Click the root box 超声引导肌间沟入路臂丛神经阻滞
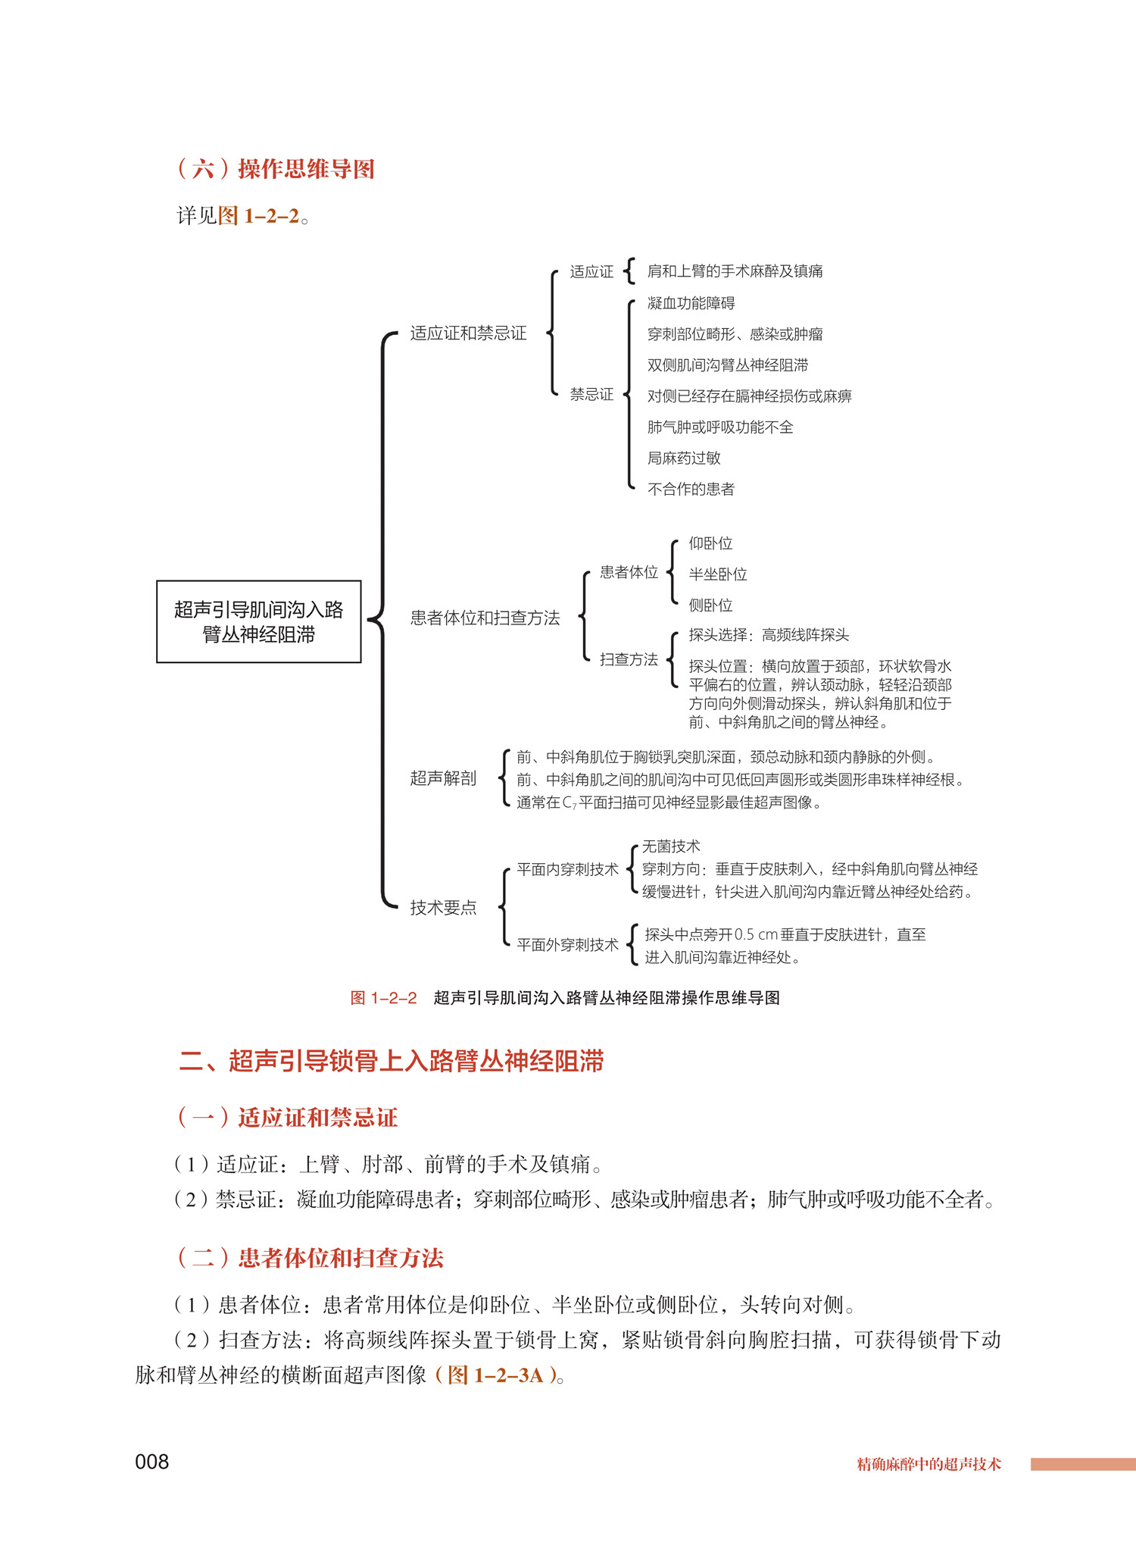click(x=258, y=621)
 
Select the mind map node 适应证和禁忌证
click(x=468, y=333)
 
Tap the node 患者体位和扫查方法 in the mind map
click(x=485, y=618)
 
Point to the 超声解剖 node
click(x=443, y=778)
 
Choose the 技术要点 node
click(x=443, y=907)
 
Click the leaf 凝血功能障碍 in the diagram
click(x=691, y=303)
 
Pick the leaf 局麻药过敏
click(x=683, y=458)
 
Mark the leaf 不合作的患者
click(x=691, y=489)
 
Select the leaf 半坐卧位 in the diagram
click(x=717, y=574)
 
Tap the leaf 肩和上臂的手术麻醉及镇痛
click(x=735, y=271)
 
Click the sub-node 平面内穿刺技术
click(x=567, y=869)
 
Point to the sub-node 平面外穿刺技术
click(x=567, y=945)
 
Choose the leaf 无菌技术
click(x=671, y=846)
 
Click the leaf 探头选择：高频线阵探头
click(x=768, y=635)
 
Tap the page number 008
click(x=151, y=1462)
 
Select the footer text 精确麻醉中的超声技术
click(x=928, y=1464)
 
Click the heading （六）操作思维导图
click(x=276, y=168)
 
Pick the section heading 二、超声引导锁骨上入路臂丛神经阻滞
click(x=391, y=1061)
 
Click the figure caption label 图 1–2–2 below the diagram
click(x=383, y=998)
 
